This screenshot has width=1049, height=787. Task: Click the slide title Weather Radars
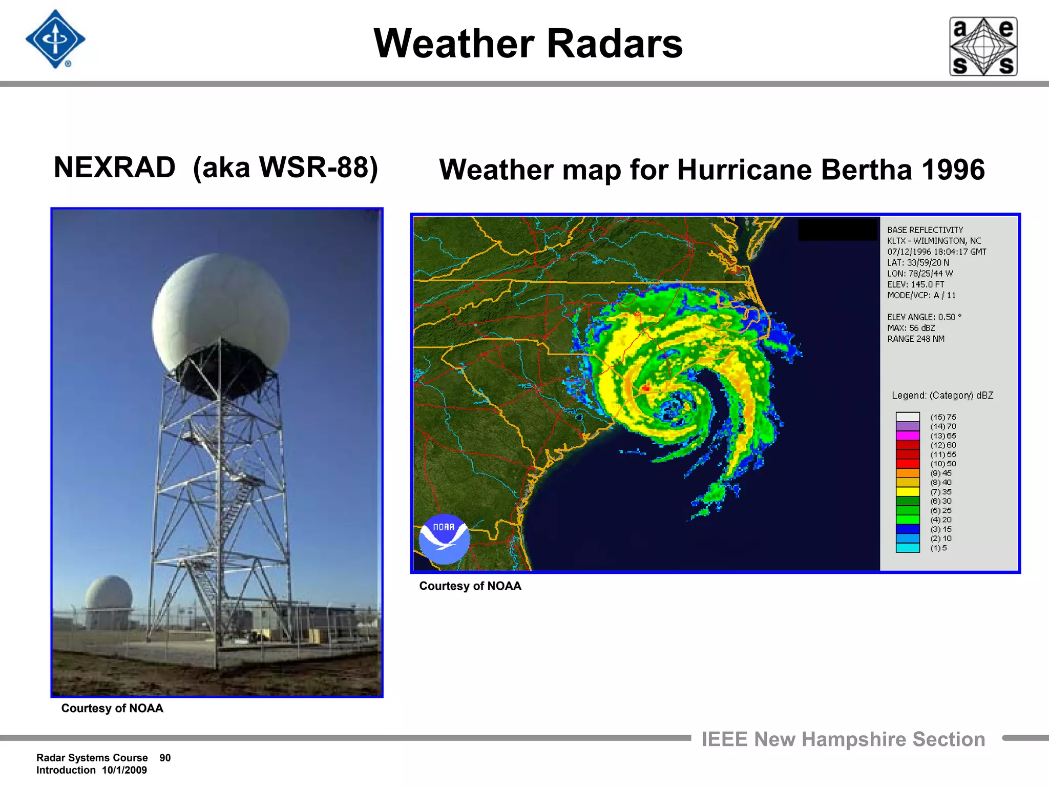pos(528,44)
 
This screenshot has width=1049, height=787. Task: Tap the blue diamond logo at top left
pos(55,39)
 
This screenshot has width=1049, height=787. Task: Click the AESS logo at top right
pos(983,47)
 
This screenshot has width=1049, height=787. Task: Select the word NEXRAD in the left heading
pos(115,168)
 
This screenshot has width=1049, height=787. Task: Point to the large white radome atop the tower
pos(220,307)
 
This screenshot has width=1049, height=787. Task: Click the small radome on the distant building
pos(109,594)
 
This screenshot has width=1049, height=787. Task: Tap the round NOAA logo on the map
pos(444,539)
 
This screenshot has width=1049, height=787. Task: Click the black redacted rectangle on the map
pos(837,229)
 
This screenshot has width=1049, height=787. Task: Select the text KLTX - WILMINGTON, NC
pos(934,241)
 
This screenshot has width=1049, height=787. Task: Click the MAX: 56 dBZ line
pos(911,328)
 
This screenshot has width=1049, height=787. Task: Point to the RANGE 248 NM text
pos(915,339)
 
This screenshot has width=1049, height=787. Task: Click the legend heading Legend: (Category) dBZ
pos(942,396)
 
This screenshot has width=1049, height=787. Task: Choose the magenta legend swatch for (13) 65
pos(907,436)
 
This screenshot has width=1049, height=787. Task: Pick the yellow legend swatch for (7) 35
pos(907,492)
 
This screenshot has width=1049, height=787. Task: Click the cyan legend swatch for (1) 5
pos(907,548)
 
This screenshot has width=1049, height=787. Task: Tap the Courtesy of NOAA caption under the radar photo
pos(112,708)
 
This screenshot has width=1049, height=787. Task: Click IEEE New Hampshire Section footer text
pos(843,739)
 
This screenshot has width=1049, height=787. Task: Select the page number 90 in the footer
pos(165,758)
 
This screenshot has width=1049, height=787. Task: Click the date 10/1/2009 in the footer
pos(124,770)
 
